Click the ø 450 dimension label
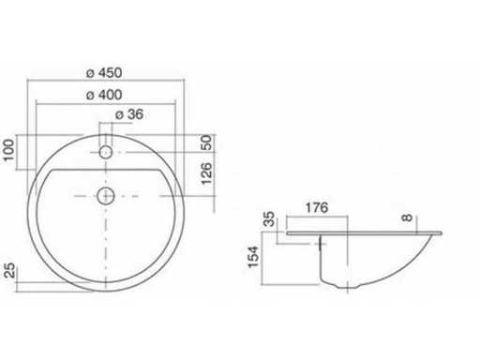pyautogui.click(x=104, y=73)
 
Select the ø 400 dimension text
pyautogui.click(x=104, y=95)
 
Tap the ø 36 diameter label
pyautogui.click(x=129, y=114)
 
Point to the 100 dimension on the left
pyautogui.click(x=8, y=150)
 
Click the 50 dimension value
pyautogui.click(x=206, y=142)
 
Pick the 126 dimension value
pyautogui.click(x=206, y=173)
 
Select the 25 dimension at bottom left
pyautogui.click(x=10, y=270)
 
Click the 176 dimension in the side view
pyautogui.click(x=317, y=207)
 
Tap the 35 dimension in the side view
pyautogui.click(x=269, y=219)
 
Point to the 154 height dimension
pyautogui.click(x=253, y=257)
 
